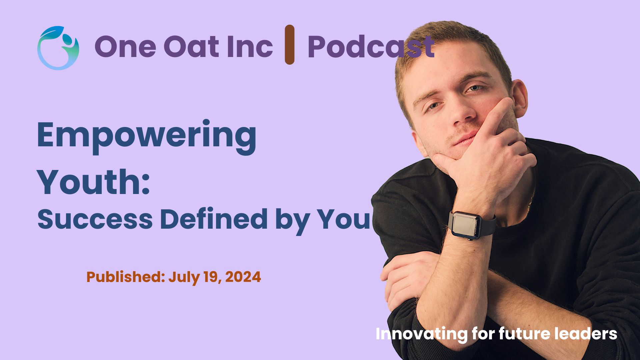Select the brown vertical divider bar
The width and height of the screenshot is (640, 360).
point(289,44)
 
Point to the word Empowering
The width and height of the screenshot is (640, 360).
point(147,136)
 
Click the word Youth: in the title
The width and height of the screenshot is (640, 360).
point(94,182)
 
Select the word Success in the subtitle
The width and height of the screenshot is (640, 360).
point(95,219)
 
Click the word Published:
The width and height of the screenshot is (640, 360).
point(126,277)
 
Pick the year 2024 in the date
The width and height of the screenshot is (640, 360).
point(243,277)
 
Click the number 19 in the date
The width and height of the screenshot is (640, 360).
point(213,277)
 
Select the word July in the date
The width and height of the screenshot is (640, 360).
point(184,277)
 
